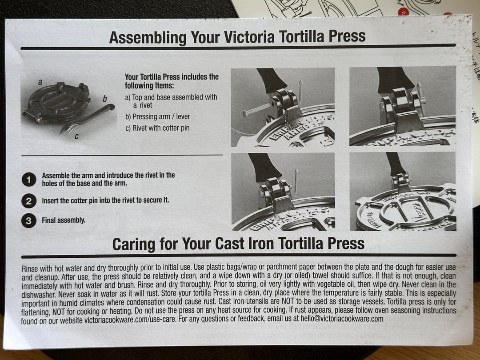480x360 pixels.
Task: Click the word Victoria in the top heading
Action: [249, 37]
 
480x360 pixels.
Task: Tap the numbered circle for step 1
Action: [29, 180]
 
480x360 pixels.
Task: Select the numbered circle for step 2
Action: [29, 201]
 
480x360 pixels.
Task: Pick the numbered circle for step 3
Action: [29, 221]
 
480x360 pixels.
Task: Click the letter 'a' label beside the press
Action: [40, 82]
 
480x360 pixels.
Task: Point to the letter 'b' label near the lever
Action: [105, 99]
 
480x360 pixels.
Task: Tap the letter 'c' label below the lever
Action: [76, 136]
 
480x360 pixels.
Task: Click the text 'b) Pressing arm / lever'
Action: [158, 116]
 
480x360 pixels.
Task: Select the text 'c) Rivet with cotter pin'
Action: [157, 128]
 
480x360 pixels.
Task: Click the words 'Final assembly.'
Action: [64, 220]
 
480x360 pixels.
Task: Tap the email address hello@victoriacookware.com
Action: [342, 318]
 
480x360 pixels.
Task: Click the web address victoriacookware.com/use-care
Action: [130, 320]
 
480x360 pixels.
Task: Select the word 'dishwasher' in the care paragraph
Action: [39, 295]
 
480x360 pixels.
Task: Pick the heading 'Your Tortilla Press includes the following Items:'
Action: [172, 81]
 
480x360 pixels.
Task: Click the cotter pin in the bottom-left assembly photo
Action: [296, 183]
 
